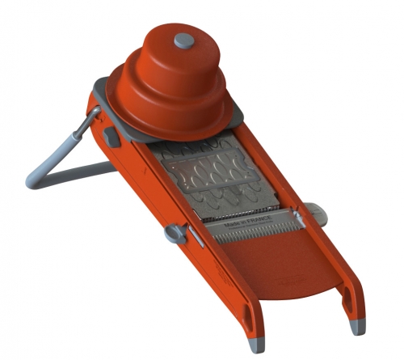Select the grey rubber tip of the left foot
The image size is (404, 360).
(257, 345)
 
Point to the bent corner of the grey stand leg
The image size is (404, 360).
(34, 179)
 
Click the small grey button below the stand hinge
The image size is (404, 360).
(112, 137)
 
